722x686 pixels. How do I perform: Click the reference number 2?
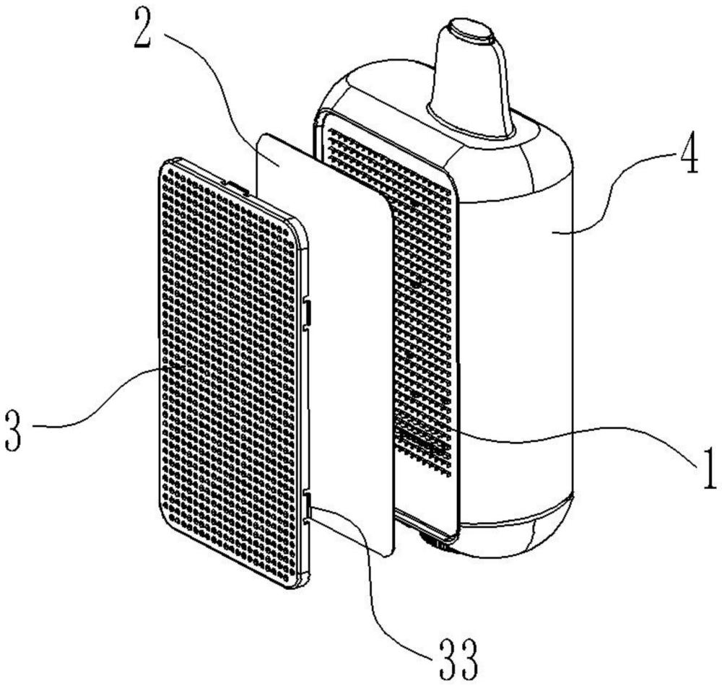(142, 28)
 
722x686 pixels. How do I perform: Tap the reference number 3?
(13, 431)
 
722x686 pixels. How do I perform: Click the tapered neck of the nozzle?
(470, 83)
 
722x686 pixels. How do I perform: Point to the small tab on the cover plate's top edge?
(235, 186)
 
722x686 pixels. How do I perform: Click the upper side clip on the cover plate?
(307, 312)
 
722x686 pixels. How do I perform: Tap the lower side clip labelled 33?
(307, 505)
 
